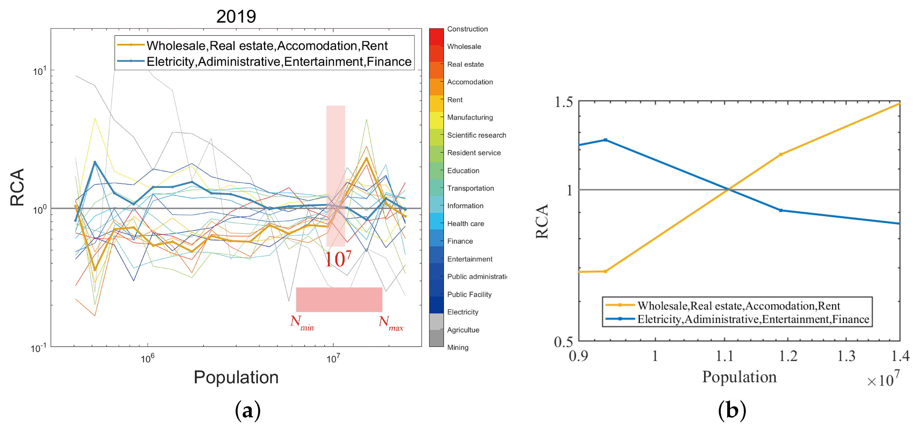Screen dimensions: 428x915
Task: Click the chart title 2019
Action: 236,17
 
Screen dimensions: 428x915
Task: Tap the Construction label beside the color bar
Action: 467,29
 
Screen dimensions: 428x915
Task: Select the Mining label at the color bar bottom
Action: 457,347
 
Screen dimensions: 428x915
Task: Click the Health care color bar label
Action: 465,224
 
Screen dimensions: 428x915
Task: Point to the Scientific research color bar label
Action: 476,135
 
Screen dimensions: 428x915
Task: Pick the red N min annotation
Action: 301,322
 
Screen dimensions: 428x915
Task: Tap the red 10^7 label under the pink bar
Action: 338,259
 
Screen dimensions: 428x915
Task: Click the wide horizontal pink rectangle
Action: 339,299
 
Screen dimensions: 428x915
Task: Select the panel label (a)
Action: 247,411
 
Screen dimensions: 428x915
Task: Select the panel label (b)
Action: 732,411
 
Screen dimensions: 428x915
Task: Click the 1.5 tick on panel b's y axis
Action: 564,102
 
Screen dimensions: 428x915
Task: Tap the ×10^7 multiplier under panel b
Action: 883,379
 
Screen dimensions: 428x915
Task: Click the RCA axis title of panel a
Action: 17,187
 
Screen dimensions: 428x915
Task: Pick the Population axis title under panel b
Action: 739,377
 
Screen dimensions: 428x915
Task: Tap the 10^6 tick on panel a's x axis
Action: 148,358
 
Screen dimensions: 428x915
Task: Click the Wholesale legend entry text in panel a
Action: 267,46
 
